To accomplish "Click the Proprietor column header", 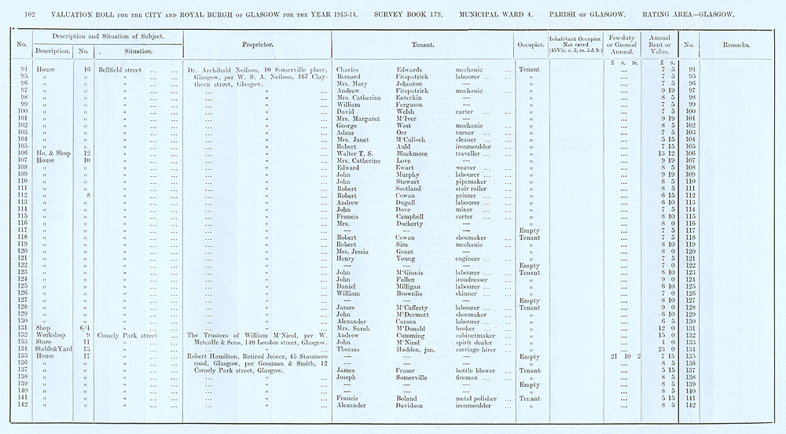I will coord(257,45).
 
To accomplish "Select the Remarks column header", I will coord(734,45).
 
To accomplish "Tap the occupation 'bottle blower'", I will coord(476,370).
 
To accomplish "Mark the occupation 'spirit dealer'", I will coord(476,342).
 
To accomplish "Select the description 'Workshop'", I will coord(51,335).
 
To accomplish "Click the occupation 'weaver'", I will coord(468,167).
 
